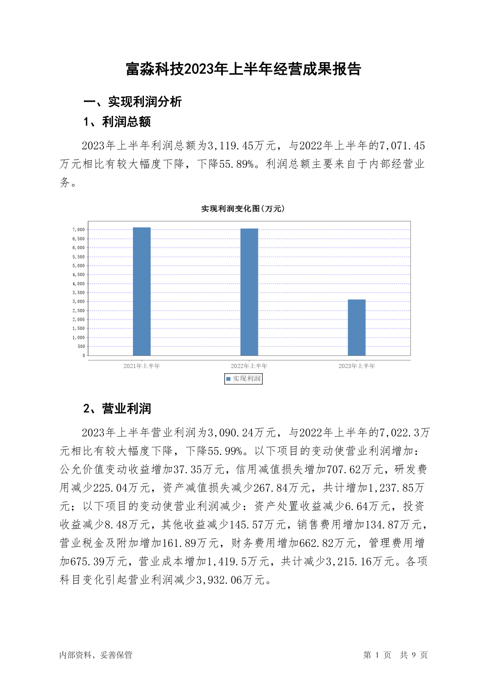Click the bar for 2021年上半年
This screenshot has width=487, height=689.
141,291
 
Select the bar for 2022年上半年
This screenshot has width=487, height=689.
249,292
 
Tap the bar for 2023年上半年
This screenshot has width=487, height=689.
357,327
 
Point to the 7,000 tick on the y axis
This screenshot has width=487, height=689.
79,230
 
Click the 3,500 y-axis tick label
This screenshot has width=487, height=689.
79,293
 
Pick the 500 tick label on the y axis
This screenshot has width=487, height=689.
81,347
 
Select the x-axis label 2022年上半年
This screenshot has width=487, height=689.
249,366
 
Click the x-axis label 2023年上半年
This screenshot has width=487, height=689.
357,366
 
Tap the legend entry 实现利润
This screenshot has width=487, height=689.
243,379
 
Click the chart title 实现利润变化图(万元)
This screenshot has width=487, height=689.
243,209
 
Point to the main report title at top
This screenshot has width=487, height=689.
243,69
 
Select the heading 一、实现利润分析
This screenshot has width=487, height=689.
132,102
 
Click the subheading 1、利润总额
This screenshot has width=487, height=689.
117,122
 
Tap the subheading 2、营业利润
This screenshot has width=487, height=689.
117,409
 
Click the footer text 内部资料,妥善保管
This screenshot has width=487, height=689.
96,655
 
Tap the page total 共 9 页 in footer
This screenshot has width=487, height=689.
413,655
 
